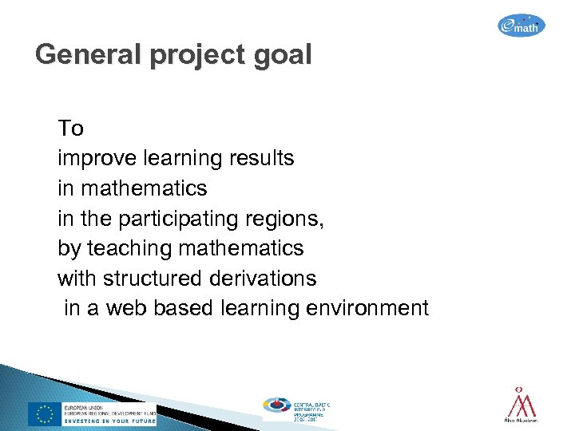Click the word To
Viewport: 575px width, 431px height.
pos(70,129)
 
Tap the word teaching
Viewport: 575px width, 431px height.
pos(129,248)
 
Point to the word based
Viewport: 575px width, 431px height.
pos(180,308)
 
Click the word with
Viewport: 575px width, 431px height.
pos(76,279)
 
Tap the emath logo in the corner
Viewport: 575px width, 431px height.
pos(521,26)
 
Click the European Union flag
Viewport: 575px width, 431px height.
pos(43,413)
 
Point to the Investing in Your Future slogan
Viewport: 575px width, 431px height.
pos(109,421)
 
